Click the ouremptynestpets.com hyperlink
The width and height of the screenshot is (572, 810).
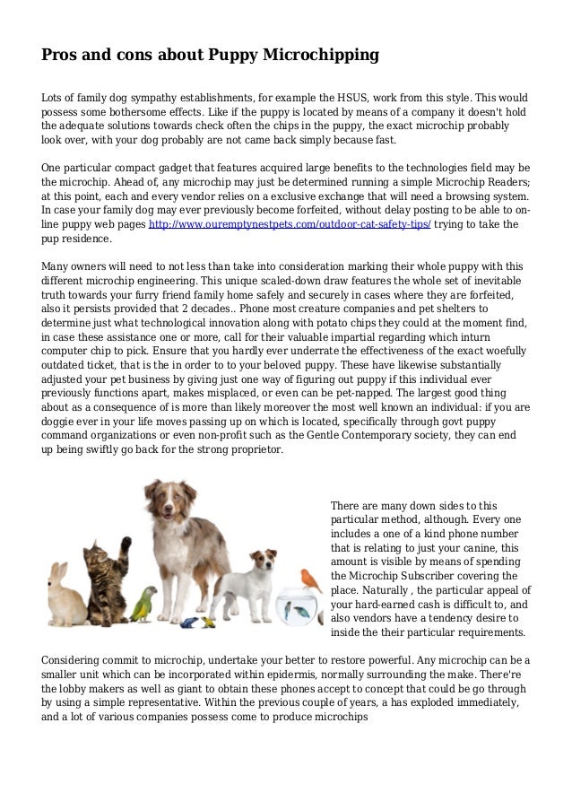point(289,225)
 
